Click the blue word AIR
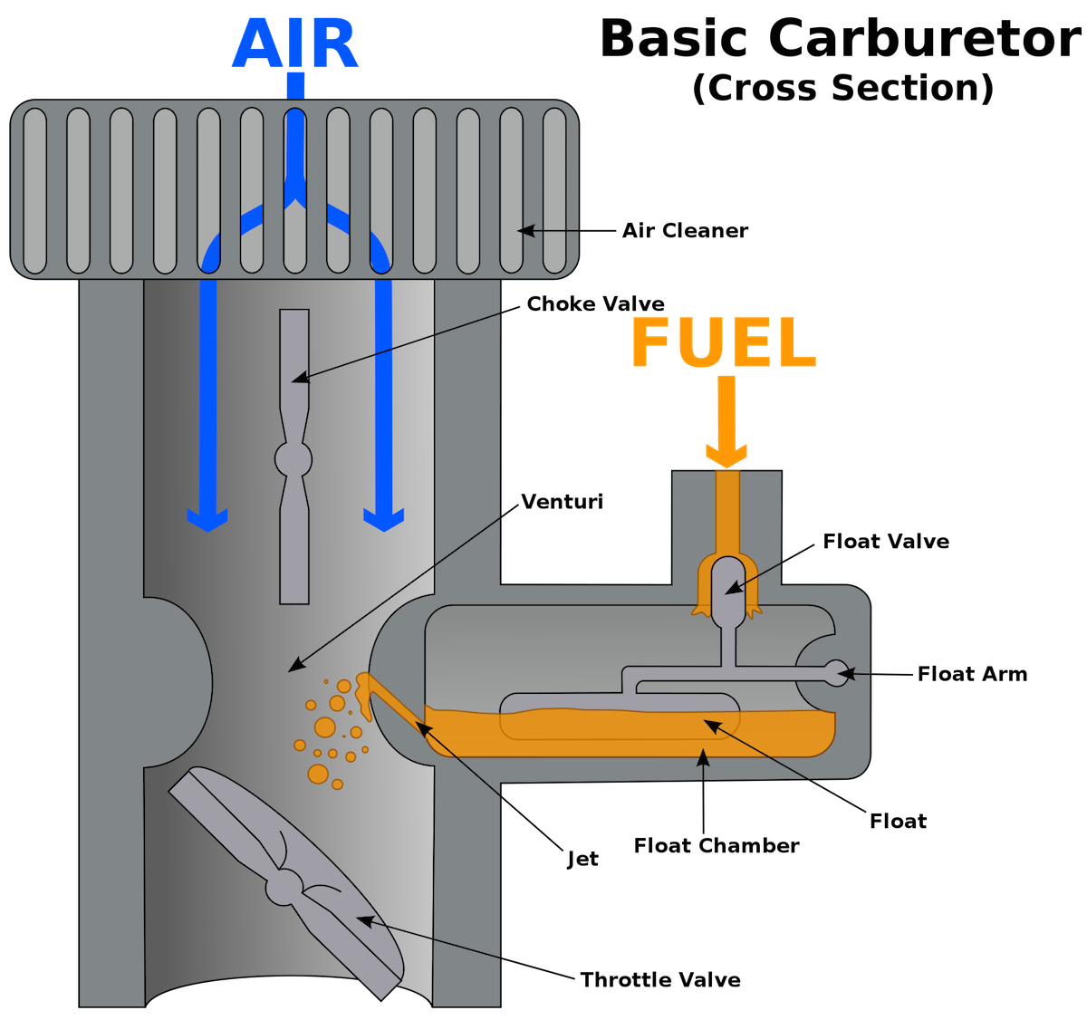(295, 43)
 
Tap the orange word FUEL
(724, 343)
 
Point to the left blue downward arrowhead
(207, 520)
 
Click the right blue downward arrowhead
(384, 520)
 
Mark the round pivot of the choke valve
(293, 459)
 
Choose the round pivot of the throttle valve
(286, 886)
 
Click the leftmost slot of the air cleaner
(34, 190)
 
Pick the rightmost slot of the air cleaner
(554, 190)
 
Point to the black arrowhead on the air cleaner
(524, 231)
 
